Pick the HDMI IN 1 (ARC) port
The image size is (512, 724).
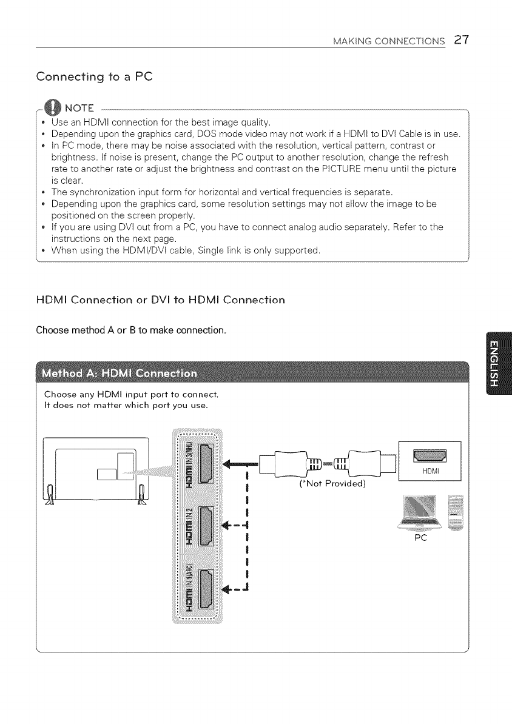coord(206,588)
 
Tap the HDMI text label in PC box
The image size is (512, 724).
coord(429,471)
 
